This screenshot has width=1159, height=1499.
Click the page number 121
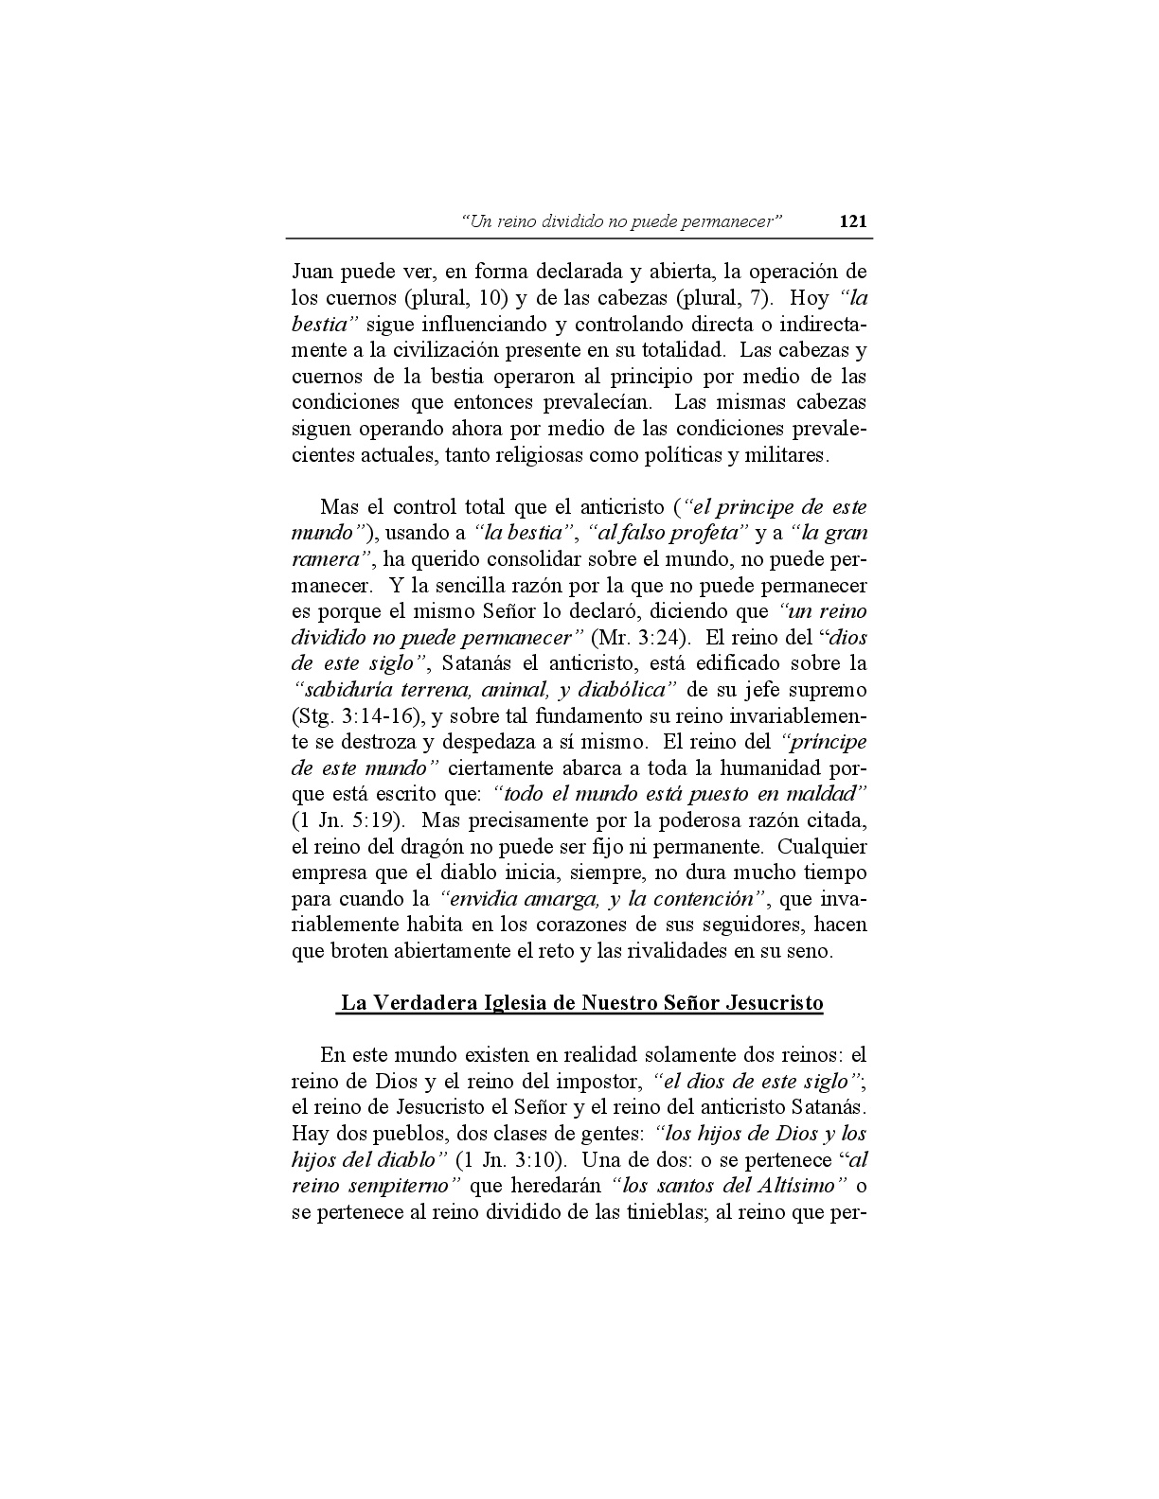pyautogui.click(x=852, y=222)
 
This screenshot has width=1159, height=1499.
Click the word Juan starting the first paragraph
pyautogui.click(x=312, y=272)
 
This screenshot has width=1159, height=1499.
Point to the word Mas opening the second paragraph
pyautogui.click(x=337, y=507)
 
